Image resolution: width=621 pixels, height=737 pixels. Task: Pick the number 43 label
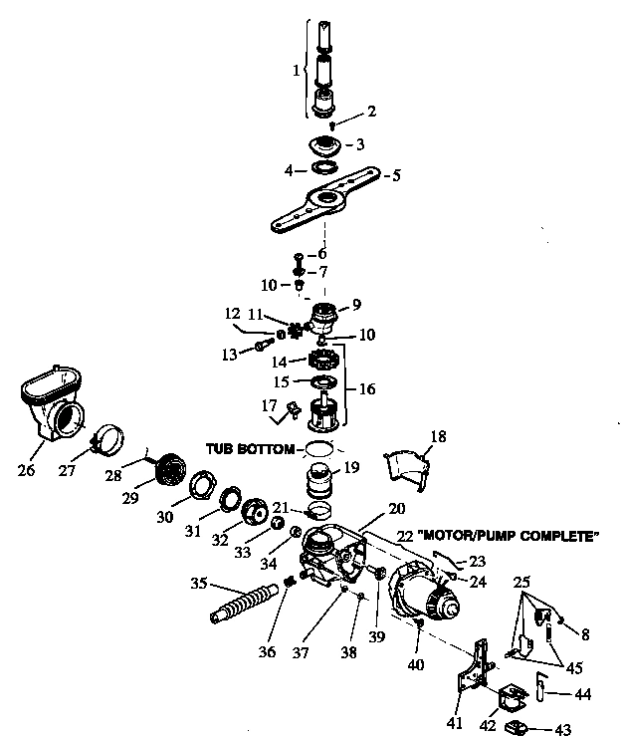(563, 729)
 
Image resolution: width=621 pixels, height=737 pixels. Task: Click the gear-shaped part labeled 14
(326, 357)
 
